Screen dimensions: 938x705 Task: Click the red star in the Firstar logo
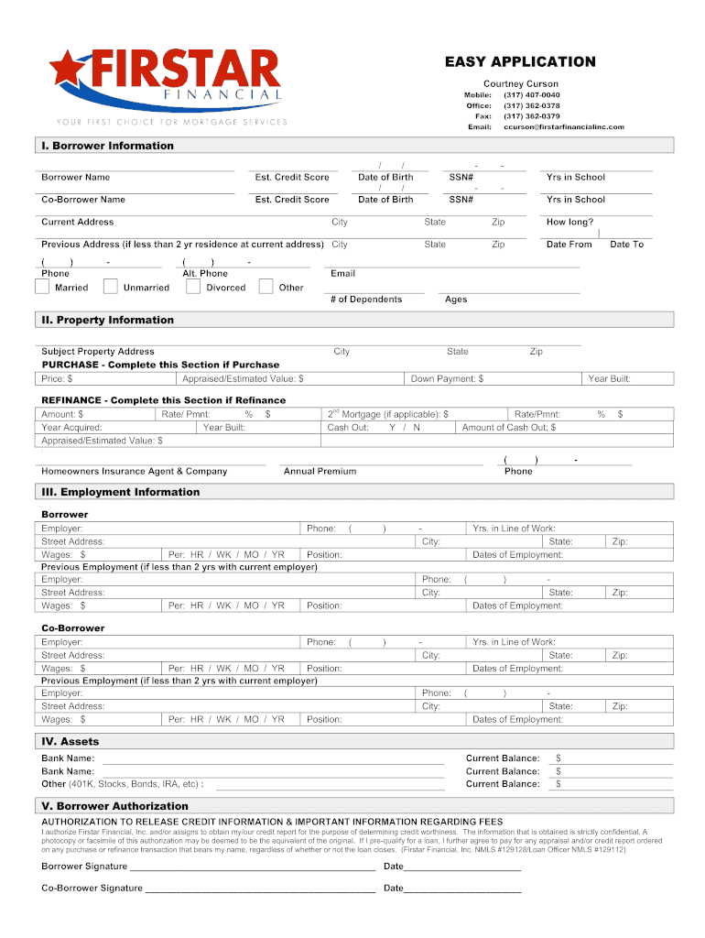66,70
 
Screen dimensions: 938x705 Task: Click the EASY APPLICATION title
520,61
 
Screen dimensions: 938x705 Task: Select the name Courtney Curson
520,83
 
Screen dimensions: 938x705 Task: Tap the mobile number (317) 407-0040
531,95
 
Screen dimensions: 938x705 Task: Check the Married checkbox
42,287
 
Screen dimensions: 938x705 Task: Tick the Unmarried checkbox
110,287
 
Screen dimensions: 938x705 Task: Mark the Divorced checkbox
192,287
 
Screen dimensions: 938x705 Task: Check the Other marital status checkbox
266,287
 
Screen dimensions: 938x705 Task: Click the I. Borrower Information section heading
106,146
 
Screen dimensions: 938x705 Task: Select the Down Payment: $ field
494,378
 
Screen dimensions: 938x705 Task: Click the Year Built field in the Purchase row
628,378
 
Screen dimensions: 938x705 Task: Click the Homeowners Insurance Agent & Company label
134,471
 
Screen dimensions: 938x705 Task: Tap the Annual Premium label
320,471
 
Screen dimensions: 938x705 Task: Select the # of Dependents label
365,300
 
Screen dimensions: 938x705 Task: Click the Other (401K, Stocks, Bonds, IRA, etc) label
122,784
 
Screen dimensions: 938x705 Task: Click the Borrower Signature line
252,866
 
